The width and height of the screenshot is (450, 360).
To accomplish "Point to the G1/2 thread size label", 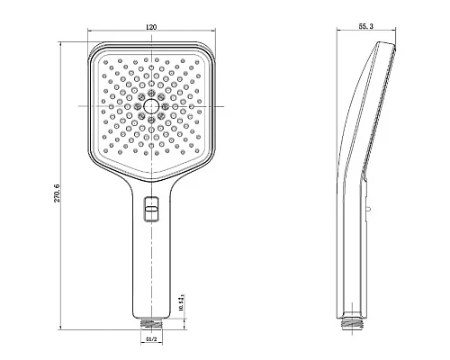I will tap(151, 341).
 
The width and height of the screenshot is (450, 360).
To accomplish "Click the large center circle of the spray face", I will tap(151, 106).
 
